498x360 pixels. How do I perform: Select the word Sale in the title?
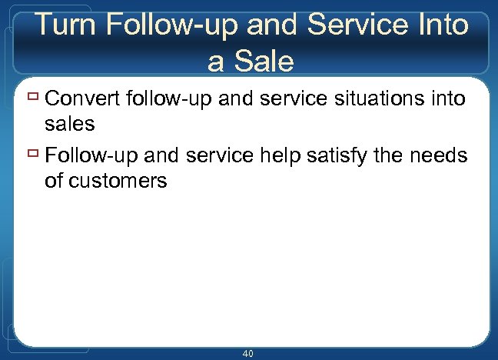[261, 61]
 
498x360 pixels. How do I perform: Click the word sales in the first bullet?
[70, 125]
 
